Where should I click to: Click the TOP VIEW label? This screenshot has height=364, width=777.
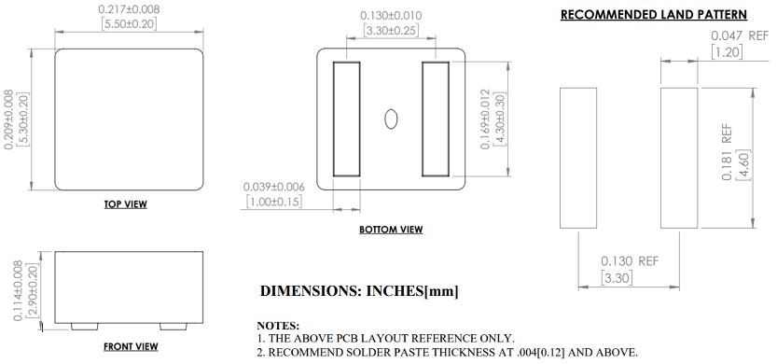125,204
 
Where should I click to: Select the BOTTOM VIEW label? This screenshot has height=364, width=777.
391,229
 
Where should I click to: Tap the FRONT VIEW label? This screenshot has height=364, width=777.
130,346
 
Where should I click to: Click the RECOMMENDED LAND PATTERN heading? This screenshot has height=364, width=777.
652,14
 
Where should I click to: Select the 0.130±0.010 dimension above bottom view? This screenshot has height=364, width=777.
391,15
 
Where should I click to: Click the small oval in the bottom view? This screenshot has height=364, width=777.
392,119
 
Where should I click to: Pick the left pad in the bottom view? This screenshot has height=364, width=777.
346,119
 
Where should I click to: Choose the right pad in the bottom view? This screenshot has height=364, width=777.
436,119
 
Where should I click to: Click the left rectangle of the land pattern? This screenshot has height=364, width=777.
577,158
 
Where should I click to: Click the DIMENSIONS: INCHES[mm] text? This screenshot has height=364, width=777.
358,291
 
